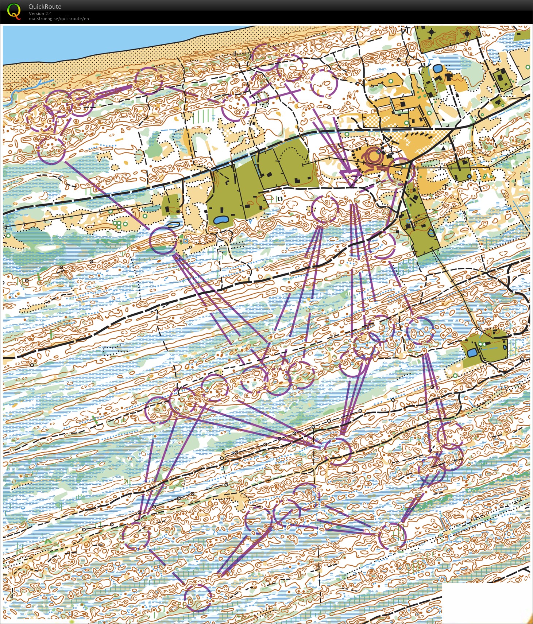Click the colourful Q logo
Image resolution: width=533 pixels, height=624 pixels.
(x=14, y=11)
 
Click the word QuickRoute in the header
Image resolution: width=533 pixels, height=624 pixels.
(x=45, y=7)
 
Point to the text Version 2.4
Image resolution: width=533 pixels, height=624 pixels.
(x=40, y=13)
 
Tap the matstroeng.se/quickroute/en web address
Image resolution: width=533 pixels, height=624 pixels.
(x=59, y=19)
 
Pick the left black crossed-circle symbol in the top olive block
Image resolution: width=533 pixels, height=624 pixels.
(x=432, y=32)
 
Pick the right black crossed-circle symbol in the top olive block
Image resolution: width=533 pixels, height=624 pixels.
(x=467, y=34)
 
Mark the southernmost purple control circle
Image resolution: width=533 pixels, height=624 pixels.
(x=197, y=597)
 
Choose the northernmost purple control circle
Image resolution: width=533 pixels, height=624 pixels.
(x=266, y=57)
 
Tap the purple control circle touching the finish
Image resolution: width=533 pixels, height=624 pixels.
(x=400, y=170)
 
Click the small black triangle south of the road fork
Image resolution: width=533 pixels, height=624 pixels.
(x=442, y=148)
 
